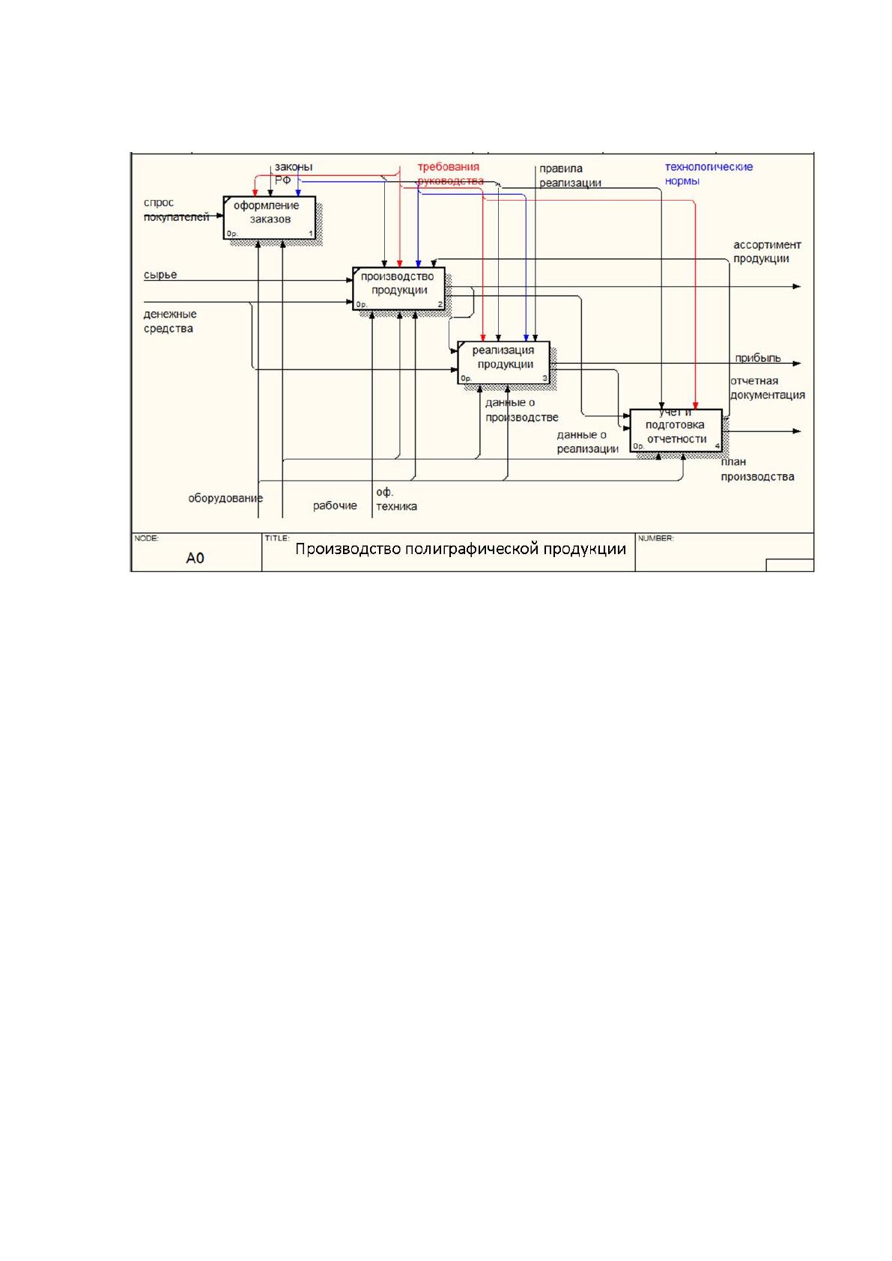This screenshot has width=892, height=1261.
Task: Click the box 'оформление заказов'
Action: point(269,218)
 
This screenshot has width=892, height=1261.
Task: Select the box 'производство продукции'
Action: point(398,289)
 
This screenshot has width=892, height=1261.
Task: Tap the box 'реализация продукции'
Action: point(503,362)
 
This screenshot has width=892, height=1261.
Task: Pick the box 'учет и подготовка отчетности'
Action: point(676,431)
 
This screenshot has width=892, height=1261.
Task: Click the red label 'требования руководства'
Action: point(450,174)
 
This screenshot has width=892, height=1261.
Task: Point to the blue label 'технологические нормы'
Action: point(709,174)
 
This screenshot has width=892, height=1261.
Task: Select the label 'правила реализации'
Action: point(570,176)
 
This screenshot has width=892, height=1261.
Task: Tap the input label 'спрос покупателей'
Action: point(176,210)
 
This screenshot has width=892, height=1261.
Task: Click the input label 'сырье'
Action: point(160,275)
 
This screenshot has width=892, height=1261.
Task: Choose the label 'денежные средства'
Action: point(169,321)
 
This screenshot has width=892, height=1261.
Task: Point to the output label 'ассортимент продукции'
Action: point(766,252)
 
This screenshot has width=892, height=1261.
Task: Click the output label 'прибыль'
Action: point(757,358)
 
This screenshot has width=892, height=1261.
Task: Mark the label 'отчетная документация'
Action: point(767,388)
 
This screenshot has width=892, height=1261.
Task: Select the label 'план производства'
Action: point(757,469)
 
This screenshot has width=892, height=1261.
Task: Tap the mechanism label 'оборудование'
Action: point(225,498)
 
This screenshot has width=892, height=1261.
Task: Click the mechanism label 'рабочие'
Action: point(335,505)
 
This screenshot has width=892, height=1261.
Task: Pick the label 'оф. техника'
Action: point(396,499)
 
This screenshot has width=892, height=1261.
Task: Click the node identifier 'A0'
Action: point(195,558)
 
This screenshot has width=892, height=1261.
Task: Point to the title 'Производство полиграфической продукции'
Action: point(460,549)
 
